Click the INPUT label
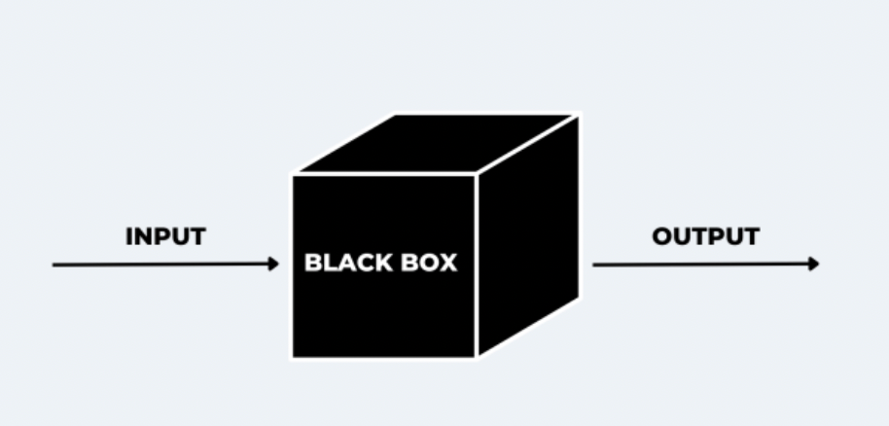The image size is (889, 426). tap(165, 236)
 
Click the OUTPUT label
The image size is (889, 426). tap(705, 236)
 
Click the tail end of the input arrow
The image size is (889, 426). tap(54, 264)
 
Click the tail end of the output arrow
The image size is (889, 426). tap(594, 264)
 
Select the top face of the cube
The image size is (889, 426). tap(438, 143)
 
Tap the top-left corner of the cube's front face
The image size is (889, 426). tap(294, 175)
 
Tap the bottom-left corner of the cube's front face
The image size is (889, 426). tap(294, 356)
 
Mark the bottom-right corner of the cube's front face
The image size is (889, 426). tap(476, 356)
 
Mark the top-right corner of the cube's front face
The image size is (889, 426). tap(476, 175)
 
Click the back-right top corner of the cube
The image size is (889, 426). tap(579, 116)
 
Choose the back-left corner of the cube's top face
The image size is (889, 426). tap(397, 116)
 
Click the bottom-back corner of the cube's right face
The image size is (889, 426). tap(579, 296)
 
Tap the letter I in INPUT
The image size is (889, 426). tap(129, 236)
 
